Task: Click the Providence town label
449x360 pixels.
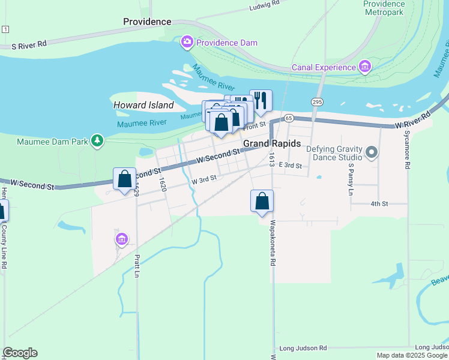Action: tap(147, 22)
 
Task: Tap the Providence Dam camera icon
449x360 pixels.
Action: tap(187, 42)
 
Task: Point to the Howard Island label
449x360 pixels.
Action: tap(143, 105)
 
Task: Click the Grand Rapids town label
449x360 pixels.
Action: tap(272, 144)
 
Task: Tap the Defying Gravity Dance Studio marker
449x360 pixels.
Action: tap(372, 152)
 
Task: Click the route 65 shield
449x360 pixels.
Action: tap(289, 118)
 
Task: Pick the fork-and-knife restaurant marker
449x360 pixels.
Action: tap(261, 100)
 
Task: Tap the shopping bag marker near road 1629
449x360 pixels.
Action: tap(124, 178)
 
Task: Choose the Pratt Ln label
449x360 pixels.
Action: tap(137, 266)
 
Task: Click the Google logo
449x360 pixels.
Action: tap(20, 353)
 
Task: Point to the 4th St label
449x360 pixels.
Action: tap(379, 204)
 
